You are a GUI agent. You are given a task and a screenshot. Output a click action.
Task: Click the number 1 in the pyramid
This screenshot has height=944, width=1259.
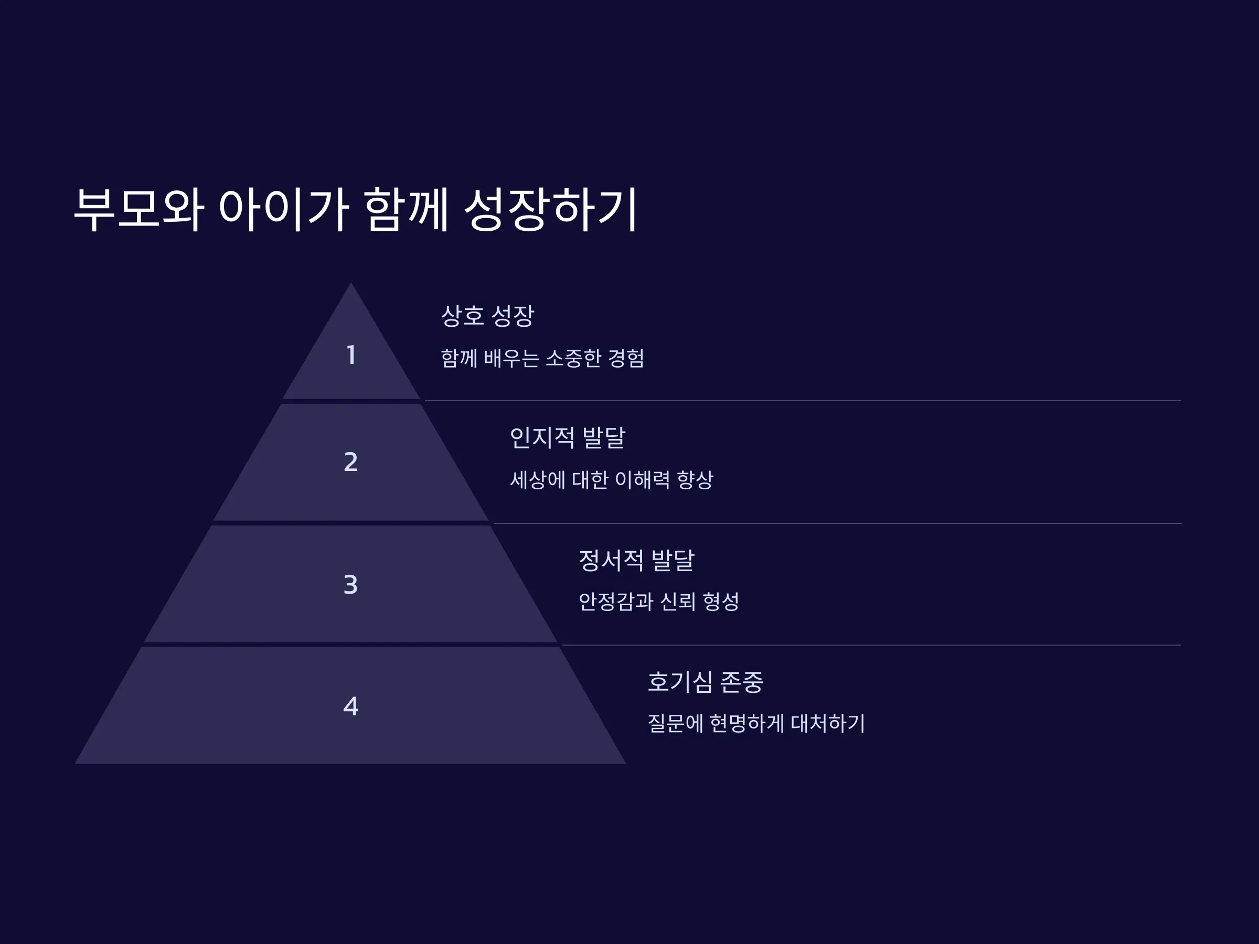pyautogui.click(x=351, y=355)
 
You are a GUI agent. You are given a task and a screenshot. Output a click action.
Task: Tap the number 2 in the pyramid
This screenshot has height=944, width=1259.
pyautogui.click(x=350, y=462)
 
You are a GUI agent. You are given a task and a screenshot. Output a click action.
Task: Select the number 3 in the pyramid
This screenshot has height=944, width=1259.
pyautogui.click(x=350, y=584)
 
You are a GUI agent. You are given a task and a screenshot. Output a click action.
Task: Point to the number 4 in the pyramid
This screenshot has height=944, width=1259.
pyautogui.click(x=350, y=706)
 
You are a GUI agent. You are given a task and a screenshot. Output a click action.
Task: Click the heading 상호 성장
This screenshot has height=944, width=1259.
pyautogui.click(x=488, y=316)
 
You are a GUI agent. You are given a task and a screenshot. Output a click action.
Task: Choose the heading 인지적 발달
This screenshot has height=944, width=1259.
pyautogui.click(x=568, y=437)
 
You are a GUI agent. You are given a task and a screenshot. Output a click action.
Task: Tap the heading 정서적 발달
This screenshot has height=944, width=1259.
pyautogui.click(x=636, y=560)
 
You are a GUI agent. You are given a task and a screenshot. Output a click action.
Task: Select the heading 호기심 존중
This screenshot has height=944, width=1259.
pyautogui.click(x=705, y=682)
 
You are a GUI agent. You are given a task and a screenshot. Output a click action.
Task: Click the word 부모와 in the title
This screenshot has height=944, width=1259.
pyautogui.click(x=139, y=209)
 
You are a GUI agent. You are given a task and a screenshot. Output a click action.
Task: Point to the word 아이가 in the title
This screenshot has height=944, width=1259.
pyautogui.click(x=283, y=209)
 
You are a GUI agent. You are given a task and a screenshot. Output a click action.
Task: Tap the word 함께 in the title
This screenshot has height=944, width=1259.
pyautogui.click(x=406, y=209)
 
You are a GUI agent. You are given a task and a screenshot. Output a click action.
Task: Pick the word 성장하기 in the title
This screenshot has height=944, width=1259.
pyautogui.click(x=551, y=209)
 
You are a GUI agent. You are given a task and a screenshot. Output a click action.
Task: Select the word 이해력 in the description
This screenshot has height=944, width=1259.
pyautogui.click(x=642, y=480)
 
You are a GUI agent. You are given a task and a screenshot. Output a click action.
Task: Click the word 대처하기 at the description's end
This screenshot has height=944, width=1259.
pyautogui.click(x=828, y=723)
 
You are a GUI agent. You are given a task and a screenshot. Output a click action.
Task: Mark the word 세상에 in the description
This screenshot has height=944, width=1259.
pyautogui.click(x=538, y=480)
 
